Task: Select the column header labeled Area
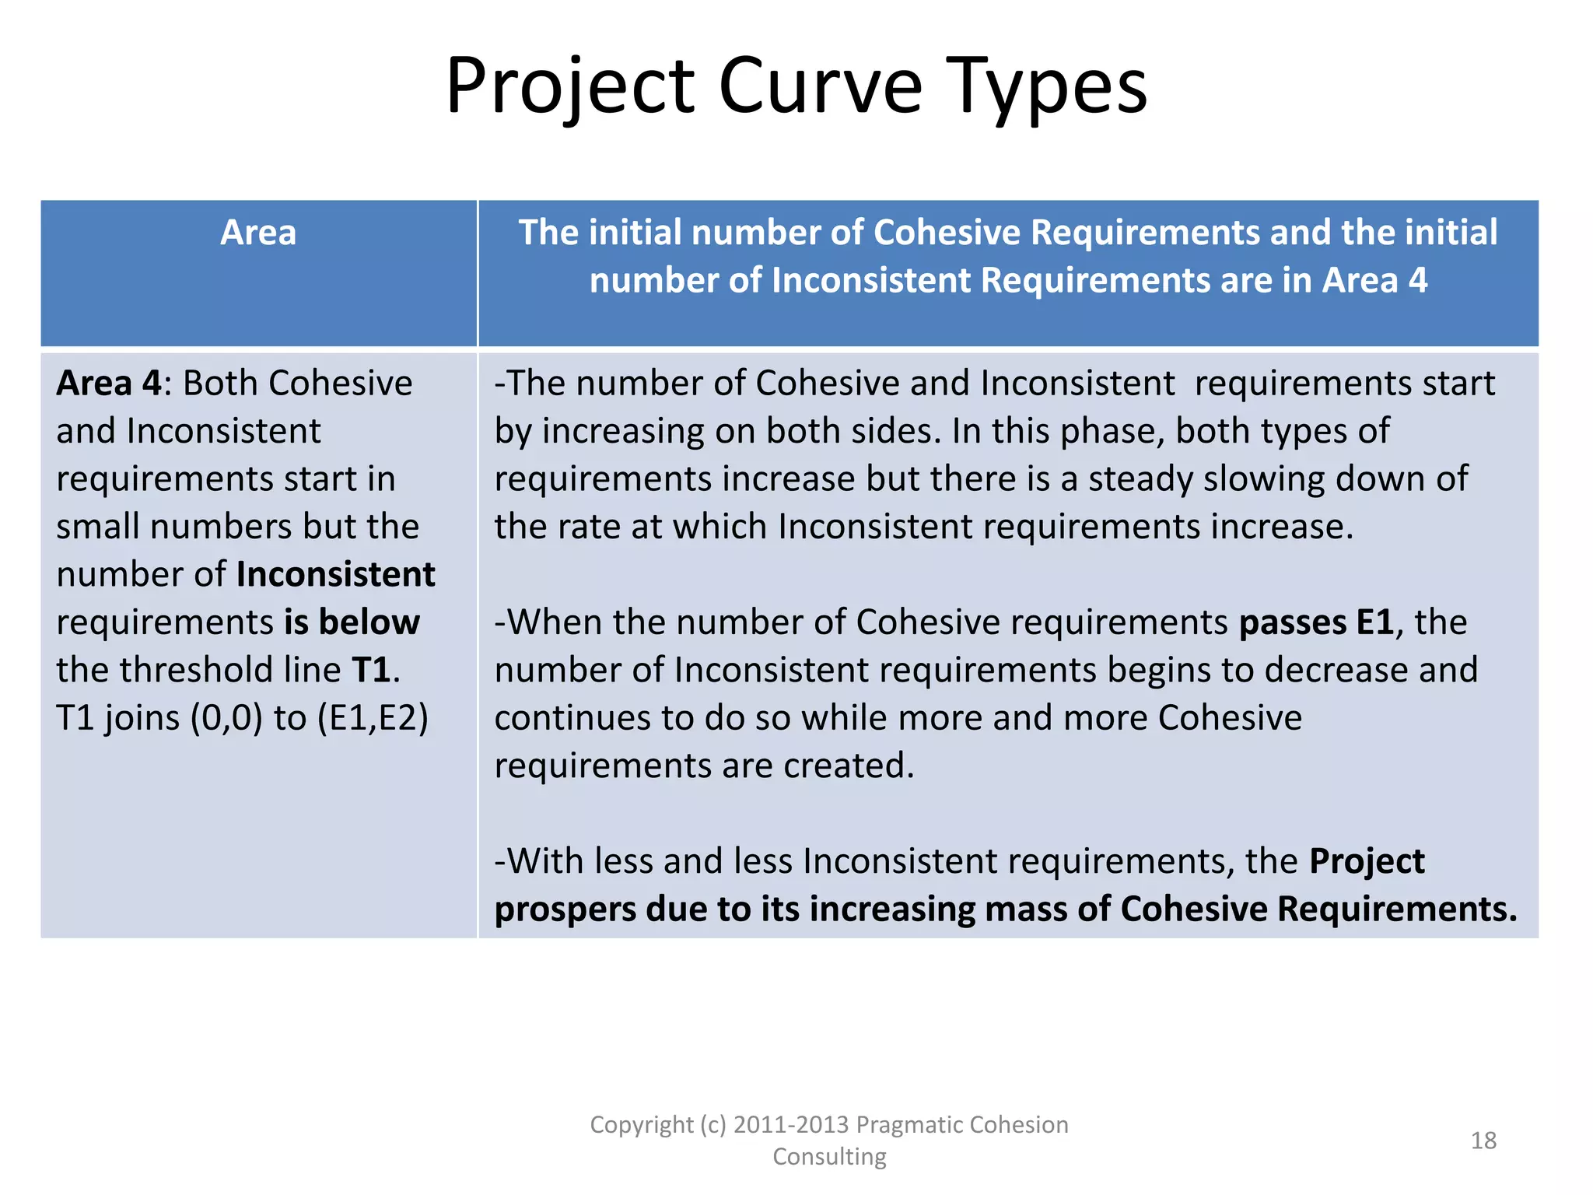point(258,233)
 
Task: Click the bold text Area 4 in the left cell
point(108,384)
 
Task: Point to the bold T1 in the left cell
point(370,670)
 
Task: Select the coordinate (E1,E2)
point(373,718)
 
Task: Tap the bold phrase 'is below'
point(352,622)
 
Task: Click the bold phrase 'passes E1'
point(1316,622)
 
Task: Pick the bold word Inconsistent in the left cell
point(335,575)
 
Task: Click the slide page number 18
point(1483,1141)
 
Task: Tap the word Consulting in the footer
point(829,1157)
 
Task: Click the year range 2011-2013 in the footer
point(790,1125)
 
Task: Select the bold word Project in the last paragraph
point(1367,861)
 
